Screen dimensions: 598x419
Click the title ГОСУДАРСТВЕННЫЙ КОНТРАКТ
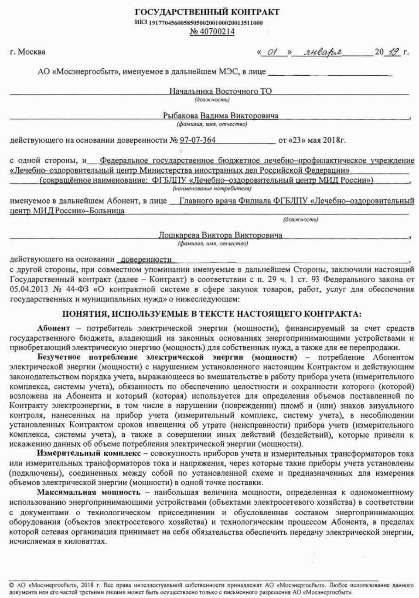pos(207,12)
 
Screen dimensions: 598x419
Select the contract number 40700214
pos(212,32)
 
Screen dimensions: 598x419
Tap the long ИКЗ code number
pos(206,23)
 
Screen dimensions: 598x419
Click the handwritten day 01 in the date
pos(273,52)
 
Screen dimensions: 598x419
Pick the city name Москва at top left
pos(31,52)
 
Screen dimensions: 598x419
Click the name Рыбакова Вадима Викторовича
pos(221,116)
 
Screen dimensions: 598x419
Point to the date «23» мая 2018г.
pos(312,140)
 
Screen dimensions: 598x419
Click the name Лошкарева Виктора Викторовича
pos(220,235)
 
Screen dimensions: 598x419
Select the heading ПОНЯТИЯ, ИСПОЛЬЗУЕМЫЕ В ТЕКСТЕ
pos(212,314)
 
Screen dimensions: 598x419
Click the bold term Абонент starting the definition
pos(54,328)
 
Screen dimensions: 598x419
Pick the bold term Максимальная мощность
pos(89,492)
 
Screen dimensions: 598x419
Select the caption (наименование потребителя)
pos(212,188)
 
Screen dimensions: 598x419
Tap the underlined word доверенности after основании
pos(146,259)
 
